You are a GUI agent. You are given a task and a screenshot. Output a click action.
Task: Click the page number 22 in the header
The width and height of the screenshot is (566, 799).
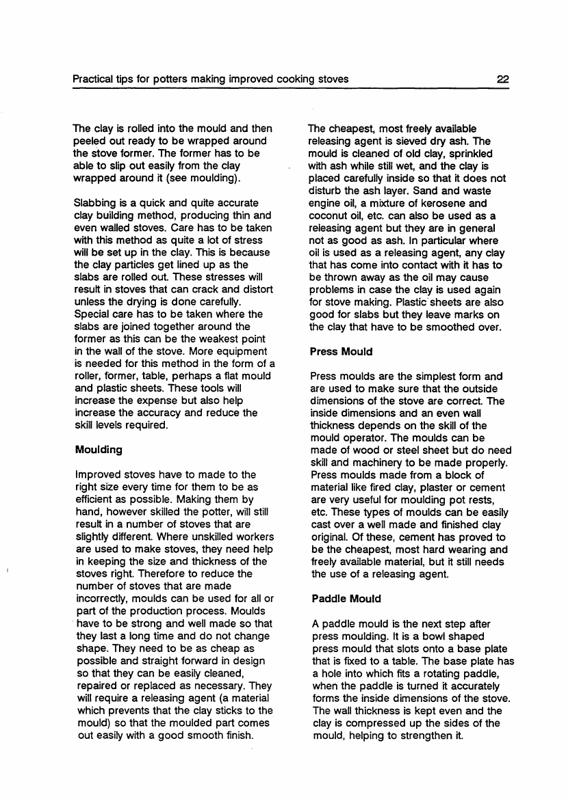coord(504,79)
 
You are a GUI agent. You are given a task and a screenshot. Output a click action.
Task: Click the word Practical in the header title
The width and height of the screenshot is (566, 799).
coord(94,79)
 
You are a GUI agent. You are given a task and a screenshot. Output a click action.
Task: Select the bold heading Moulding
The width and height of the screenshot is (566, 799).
coord(99,450)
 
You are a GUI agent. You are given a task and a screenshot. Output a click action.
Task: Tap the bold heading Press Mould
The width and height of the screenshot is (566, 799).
coord(341,351)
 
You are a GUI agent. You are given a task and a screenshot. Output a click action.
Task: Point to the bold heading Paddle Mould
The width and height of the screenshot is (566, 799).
coord(346,599)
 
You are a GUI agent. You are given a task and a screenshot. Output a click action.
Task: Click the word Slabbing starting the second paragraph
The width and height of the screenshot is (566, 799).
coord(96,203)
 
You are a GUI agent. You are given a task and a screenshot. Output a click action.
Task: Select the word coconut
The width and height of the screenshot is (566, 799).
coord(331,215)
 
